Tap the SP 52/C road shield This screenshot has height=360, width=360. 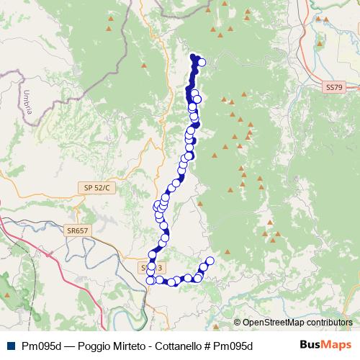(x=96, y=188)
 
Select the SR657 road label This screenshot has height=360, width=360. (x=77, y=230)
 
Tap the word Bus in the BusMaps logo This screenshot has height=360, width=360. (x=310, y=346)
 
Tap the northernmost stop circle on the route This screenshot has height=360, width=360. (x=202, y=62)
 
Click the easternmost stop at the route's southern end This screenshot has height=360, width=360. (x=210, y=261)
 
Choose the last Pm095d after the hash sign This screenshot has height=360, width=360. (x=232, y=346)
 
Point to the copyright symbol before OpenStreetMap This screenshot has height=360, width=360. (x=237, y=323)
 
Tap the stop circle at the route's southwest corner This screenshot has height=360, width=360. (x=151, y=280)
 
